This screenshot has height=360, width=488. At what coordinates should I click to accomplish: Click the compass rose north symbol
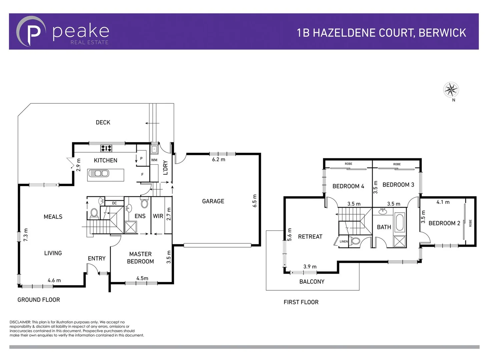451,89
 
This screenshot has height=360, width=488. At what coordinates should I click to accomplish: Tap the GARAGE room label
213,201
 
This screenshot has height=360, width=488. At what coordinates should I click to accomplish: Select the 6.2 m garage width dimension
218,159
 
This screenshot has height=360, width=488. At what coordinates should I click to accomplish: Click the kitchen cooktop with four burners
106,148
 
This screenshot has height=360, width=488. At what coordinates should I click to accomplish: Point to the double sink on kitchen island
98,173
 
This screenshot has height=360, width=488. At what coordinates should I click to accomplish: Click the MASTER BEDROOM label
140,258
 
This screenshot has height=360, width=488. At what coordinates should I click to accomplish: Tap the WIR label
158,216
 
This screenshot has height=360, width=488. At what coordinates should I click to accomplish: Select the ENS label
140,216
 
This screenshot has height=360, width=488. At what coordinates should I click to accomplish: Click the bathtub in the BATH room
399,222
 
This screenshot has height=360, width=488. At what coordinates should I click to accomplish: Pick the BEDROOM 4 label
348,186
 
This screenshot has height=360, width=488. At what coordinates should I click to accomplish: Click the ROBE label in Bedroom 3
397,164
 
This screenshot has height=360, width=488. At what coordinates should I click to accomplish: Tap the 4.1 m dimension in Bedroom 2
443,202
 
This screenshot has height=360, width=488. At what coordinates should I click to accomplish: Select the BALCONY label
312,281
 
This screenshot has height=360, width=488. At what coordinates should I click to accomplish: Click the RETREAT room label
310,236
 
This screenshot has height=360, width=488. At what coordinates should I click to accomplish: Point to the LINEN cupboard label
344,241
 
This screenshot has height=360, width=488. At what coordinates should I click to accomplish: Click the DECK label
103,122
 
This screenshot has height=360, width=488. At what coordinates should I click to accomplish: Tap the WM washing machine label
154,160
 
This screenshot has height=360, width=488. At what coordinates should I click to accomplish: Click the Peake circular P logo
31,32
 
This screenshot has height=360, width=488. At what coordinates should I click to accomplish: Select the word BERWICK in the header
442,33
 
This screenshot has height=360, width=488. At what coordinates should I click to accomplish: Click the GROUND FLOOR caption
39,300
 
